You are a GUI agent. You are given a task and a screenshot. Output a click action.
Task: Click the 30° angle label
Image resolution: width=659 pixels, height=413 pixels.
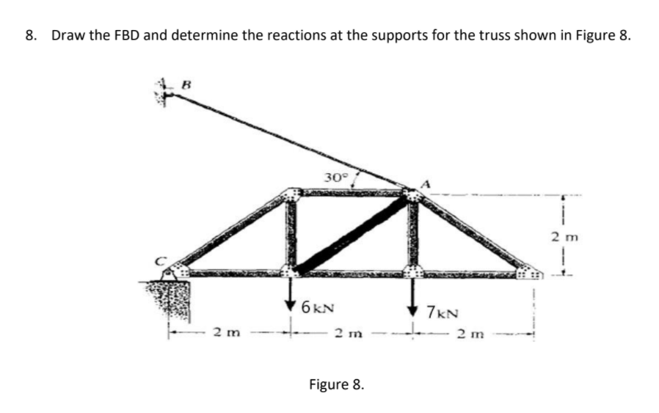(335, 177)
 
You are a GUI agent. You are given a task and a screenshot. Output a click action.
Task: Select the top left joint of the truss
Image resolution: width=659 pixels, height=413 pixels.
(292, 195)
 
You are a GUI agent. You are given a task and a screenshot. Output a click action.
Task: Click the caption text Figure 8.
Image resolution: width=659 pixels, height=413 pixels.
(335, 385)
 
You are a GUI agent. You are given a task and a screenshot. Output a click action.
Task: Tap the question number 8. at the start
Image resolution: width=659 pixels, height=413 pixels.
(30, 36)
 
